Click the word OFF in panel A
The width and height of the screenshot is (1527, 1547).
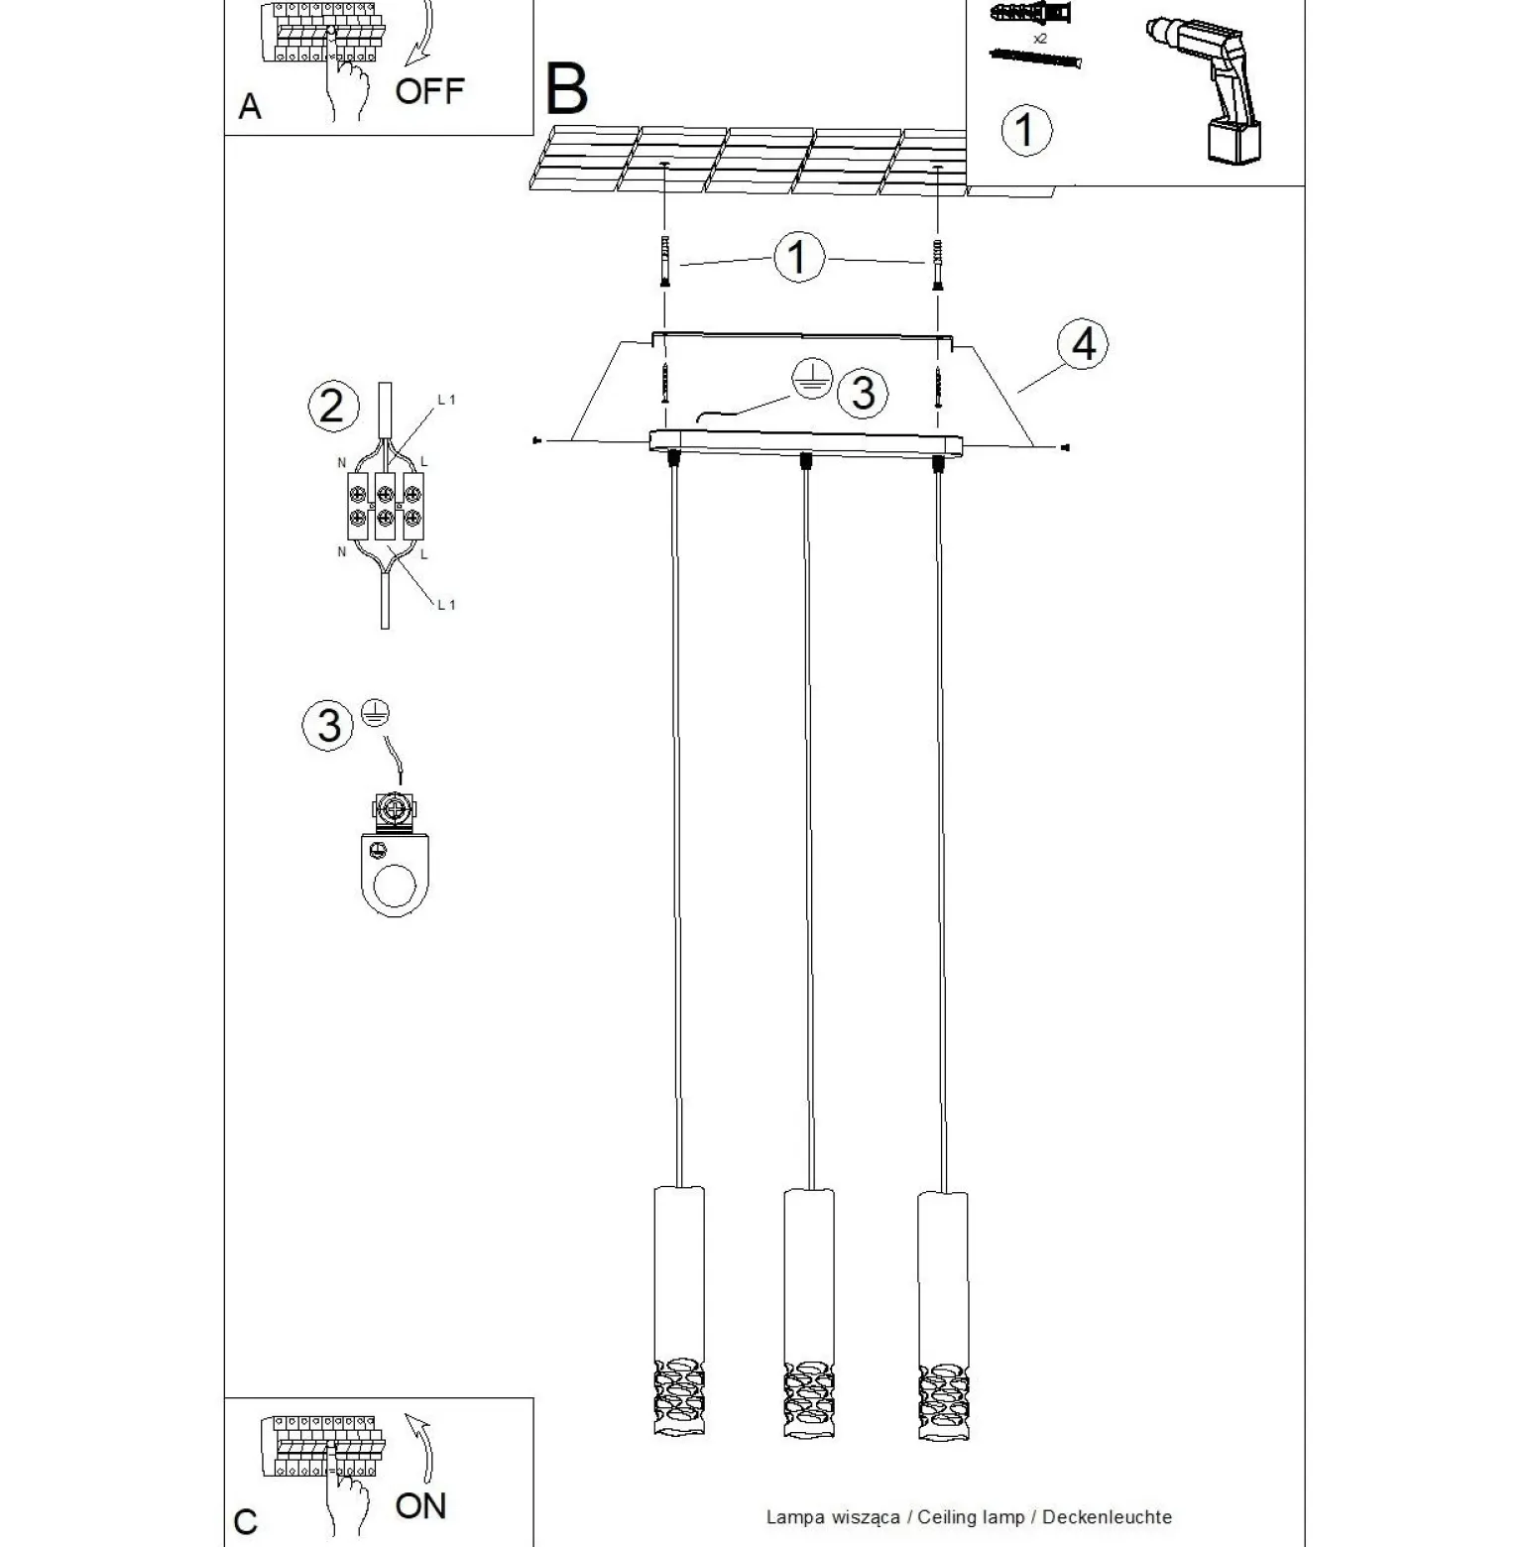point(429,91)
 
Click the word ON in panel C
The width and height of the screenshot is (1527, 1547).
point(420,1505)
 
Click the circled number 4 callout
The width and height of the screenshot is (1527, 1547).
point(1084,344)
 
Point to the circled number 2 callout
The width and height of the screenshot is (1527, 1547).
point(332,407)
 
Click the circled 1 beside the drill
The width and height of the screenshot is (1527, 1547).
point(1025,130)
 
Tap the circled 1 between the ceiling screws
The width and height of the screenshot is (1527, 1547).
point(798,258)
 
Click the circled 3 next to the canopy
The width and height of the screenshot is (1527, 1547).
point(863,393)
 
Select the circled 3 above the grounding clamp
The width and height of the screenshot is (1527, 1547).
point(328,725)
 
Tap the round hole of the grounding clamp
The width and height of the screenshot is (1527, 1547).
point(396,886)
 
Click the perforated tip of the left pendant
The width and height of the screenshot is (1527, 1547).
point(679,1398)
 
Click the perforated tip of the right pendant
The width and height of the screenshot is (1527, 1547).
point(943,1401)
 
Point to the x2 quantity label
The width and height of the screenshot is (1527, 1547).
point(1040,38)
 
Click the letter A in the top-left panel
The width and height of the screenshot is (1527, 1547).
point(250,106)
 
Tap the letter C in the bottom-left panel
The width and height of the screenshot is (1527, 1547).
point(245,1522)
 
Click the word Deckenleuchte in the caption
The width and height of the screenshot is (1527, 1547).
point(1107,1517)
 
